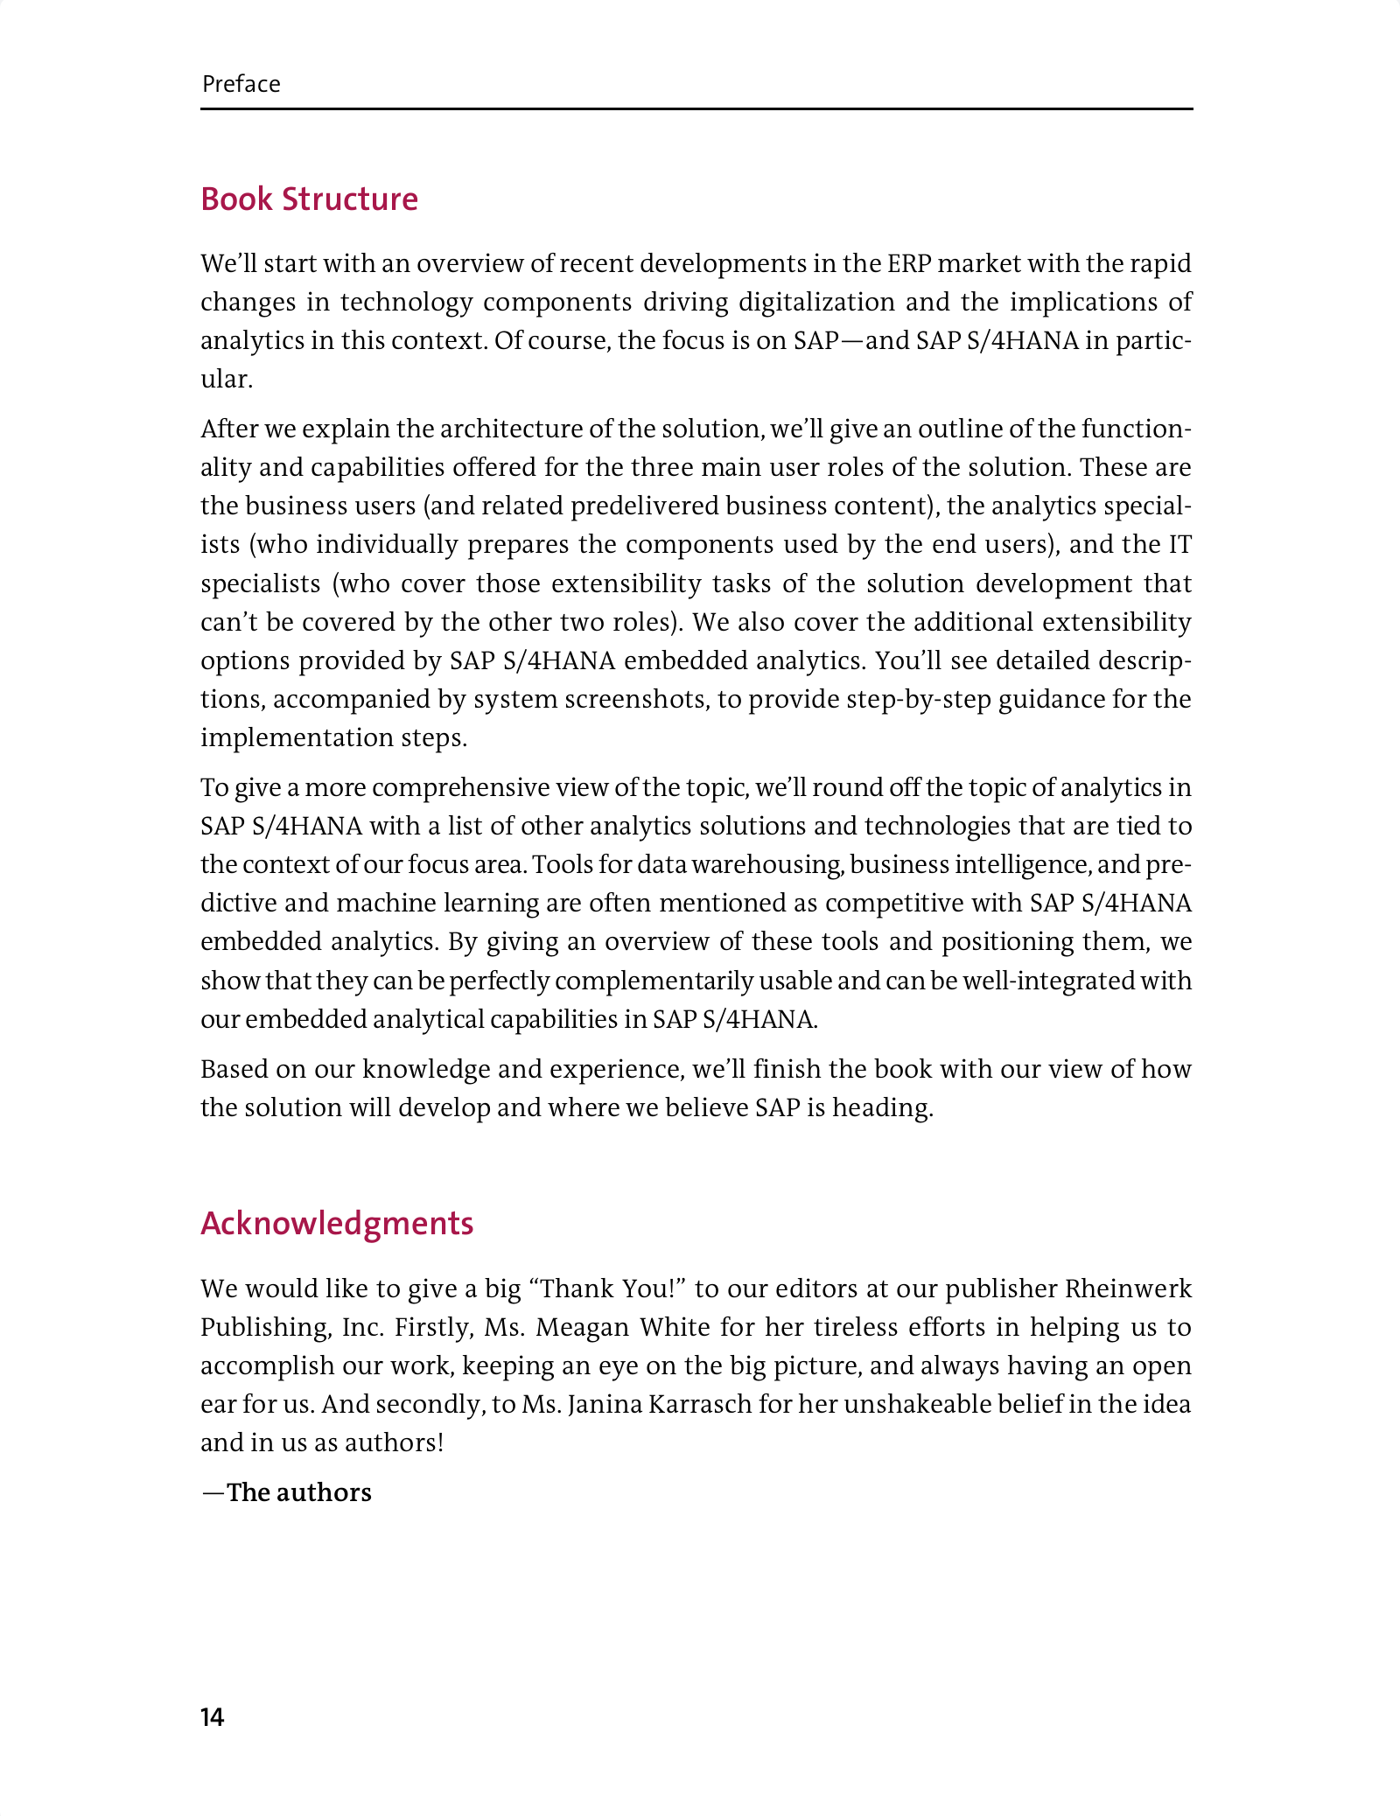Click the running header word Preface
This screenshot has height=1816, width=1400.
coord(241,84)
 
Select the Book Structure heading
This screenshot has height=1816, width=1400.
coord(309,199)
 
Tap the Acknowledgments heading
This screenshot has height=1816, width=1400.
coord(337,1223)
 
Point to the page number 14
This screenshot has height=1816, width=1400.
coord(213,1717)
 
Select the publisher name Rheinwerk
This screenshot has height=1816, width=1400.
coord(1128,1289)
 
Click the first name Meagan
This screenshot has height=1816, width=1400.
coord(582,1327)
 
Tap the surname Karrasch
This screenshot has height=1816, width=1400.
coord(682,1404)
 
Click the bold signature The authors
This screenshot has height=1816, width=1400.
coord(298,1492)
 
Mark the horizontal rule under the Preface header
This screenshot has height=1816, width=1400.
coord(696,109)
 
